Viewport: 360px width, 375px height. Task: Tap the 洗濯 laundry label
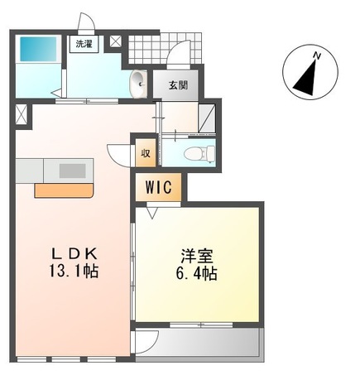pos(84,45)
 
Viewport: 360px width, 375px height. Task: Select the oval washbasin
pos(139,81)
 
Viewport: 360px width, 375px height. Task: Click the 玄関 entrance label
pos(177,84)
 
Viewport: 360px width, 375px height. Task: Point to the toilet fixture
pos(197,153)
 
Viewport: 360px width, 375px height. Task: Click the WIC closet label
pos(159,186)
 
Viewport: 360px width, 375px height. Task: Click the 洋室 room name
pos(194,254)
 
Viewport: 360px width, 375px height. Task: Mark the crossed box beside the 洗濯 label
pos(115,41)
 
